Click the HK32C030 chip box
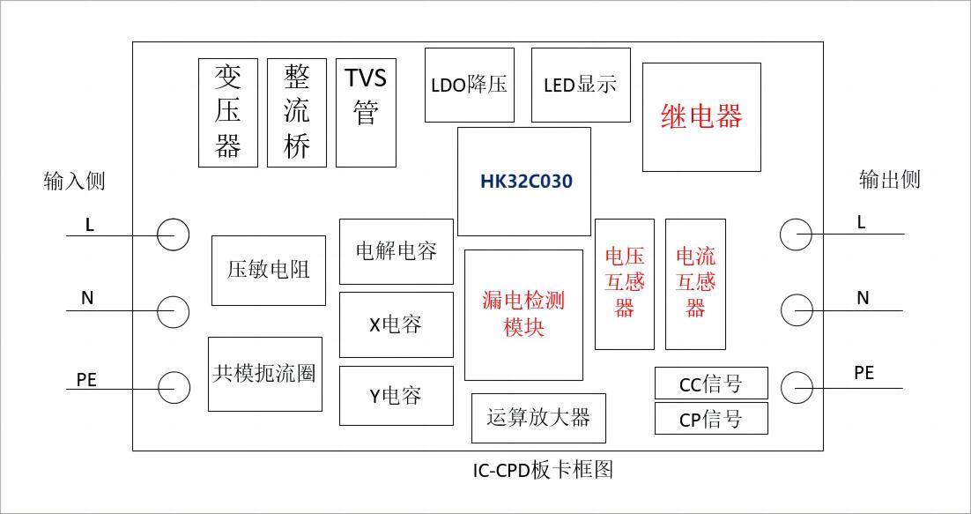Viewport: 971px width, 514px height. [524, 182]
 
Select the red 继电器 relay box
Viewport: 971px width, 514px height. [701, 117]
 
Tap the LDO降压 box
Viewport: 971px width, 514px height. [469, 85]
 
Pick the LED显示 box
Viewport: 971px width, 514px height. [581, 85]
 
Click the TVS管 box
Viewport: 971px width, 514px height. [366, 112]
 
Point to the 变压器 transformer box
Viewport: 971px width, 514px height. [228, 112]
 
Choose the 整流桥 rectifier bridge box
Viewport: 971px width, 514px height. [297, 112]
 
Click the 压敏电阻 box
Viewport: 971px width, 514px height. [269, 270]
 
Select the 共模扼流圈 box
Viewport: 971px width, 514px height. [264, 374]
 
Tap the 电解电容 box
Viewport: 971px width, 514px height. [397, 251]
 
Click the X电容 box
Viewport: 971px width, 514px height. [397, 324]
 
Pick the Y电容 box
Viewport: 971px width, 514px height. [397, 396]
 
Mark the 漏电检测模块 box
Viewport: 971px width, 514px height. [523, 315]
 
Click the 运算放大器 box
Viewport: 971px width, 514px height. [538, 418]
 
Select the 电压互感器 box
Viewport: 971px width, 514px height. [625, 284]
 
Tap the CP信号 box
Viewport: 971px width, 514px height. [711, 419]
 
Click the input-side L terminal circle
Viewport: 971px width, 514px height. [173, 235]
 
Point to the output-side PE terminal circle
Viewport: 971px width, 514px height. [797, 387]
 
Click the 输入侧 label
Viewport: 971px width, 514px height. [74, 181]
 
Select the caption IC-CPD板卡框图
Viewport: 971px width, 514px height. [543, 470]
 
